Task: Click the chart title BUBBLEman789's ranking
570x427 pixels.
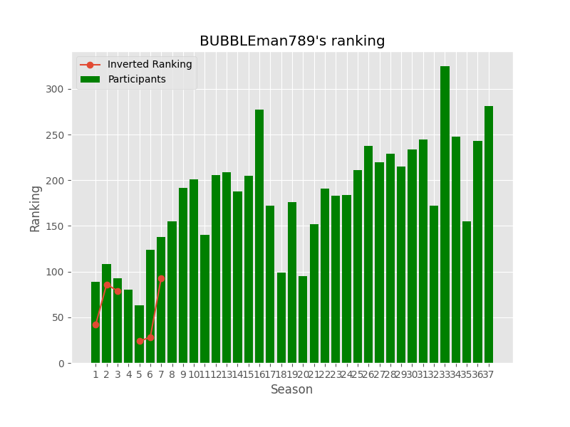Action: (x=292, y=41)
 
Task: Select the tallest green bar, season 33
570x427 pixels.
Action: (x=445, y=213)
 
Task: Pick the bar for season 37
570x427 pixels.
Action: (x=489, y=235)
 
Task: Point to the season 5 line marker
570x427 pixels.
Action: (x=140, y=341)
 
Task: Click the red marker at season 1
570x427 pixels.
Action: (x=95, y=325)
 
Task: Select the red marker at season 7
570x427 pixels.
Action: (x=161, y=279)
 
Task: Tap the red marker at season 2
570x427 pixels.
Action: (x=107, y=285)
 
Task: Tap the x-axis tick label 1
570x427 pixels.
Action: (x=95, y=374)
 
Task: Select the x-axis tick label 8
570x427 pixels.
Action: (x=172, y=374)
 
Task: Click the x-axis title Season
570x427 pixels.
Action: (x=291, y=390)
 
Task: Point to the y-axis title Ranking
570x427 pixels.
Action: (x=36, y=208)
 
